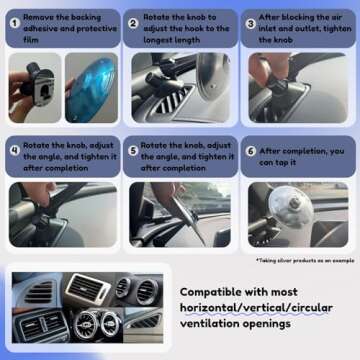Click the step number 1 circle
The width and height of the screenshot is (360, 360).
tap(14, 21)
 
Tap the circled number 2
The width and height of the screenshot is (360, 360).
tap(133, 21)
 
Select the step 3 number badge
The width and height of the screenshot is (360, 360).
tap(250, 21)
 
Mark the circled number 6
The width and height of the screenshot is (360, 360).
tap(250, 151)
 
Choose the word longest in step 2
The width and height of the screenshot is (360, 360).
tap(162, 40)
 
